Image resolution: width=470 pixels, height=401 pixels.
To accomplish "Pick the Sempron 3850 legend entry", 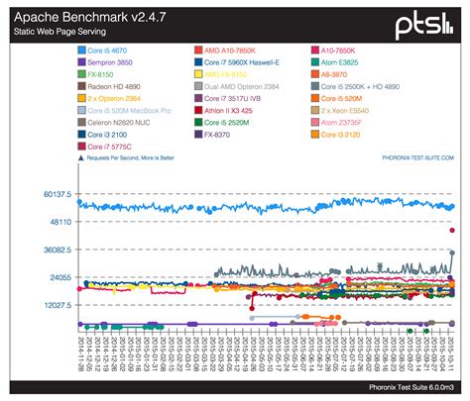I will (111, 60).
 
